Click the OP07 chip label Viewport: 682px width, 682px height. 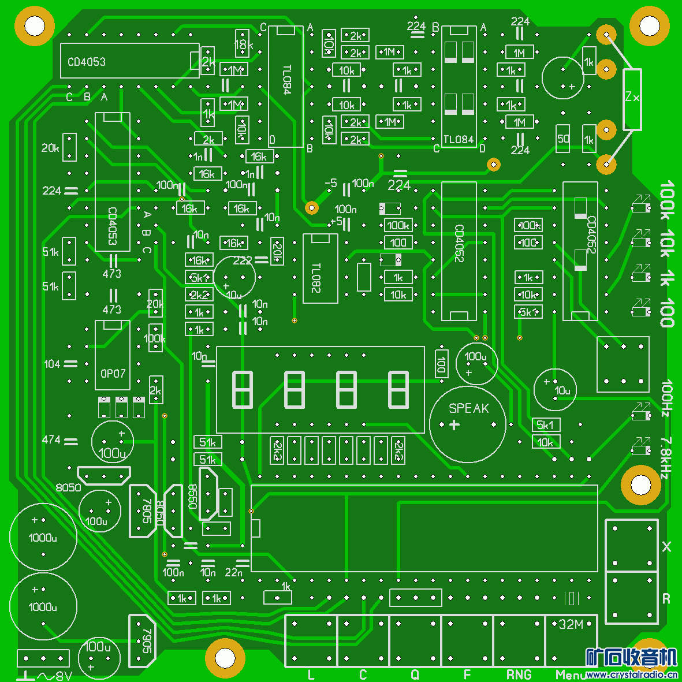[113, 374]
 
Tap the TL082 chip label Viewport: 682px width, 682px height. [315, 277]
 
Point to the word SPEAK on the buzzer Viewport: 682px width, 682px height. [468, 409]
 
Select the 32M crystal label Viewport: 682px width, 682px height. [571, 624]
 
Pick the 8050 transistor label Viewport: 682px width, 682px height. [68, 487]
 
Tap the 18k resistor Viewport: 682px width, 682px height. [243, 44]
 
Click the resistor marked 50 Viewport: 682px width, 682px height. [563, 139]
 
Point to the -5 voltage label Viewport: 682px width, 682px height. [330, 183]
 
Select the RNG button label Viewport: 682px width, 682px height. [519, 674]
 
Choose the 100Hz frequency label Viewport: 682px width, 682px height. [666, 397]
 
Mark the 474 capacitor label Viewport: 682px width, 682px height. [51, 440]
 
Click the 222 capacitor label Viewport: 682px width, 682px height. [243, 260]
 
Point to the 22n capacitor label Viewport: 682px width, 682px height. [233, 572]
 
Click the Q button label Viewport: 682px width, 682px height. [415, 674]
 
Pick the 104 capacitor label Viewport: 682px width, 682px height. [52, 364]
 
